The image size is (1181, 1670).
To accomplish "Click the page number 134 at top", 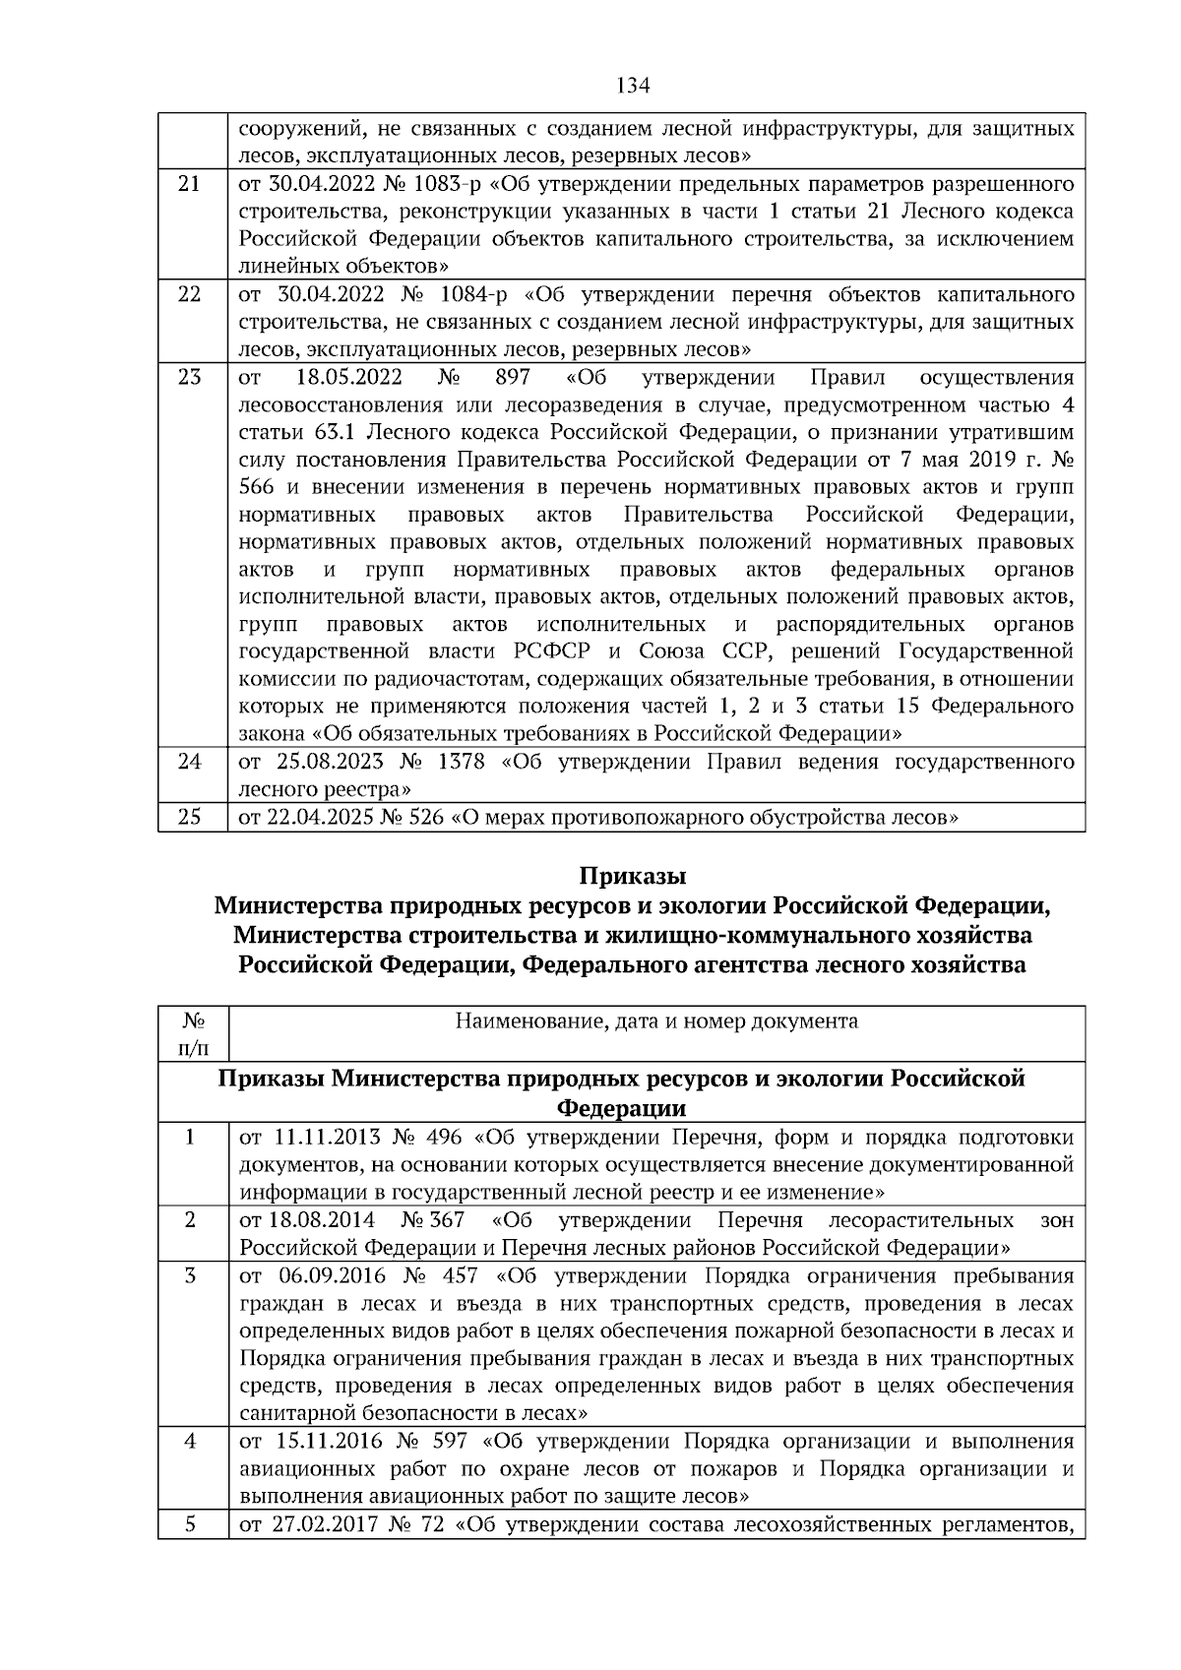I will tap(633, 86).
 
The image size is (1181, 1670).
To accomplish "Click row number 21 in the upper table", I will tap(190, 184).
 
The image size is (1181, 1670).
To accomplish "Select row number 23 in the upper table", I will tap(190, 377).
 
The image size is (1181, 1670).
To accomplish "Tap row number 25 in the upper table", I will tap(190, 817).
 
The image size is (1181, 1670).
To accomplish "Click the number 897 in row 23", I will tap(514, 377).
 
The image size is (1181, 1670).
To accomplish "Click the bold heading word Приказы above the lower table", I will tap(632, 876).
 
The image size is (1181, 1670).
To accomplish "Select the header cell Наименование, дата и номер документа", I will tap(656, 1021).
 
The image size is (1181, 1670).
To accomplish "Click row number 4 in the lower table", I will tap(190, 1441).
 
